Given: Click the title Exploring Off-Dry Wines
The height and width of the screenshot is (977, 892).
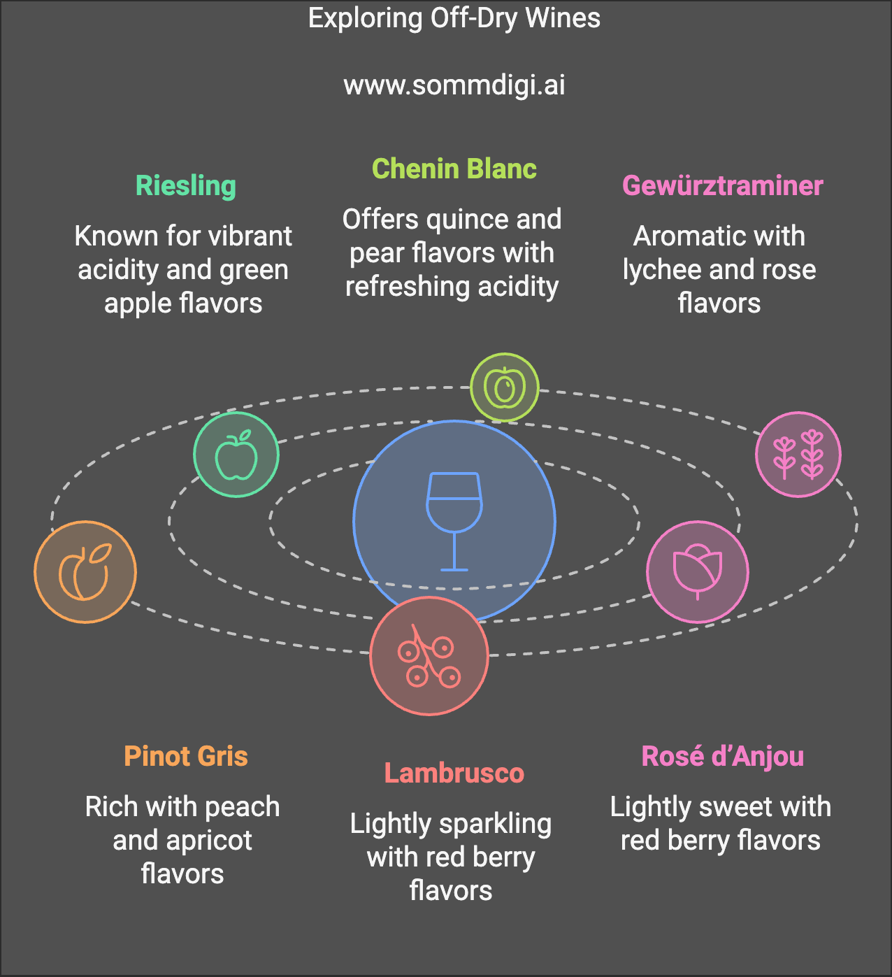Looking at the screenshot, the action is click(x=454, y=18).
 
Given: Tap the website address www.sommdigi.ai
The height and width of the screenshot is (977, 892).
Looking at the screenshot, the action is click(x=454, y=85).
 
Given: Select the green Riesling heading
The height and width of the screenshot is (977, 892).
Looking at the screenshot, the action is click(x=185, y=186).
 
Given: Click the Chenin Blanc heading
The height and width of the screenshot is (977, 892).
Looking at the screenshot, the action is click(x=454, y=169).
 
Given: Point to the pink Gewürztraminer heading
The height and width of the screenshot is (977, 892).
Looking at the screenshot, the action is click(x=723, y=185).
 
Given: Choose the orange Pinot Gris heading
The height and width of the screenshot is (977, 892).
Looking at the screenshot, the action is click(x=185, y=756).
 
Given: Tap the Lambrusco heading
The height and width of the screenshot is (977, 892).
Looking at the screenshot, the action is click(x=454, y=773).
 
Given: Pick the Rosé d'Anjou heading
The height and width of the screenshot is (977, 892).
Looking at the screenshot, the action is click(x=723, y=756).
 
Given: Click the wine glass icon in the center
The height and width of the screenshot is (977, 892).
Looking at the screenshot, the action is click(x=454, y=521).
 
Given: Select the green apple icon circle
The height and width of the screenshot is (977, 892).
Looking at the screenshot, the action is click(x=236, y=455).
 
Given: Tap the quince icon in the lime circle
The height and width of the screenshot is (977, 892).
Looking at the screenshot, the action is click(x=505, y=387).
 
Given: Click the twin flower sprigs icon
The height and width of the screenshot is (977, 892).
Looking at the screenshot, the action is click(x=798, y=455).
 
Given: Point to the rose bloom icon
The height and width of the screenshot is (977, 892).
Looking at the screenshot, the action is click(x=697, y=571).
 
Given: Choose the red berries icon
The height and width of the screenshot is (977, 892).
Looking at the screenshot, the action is click(x=429, y=655).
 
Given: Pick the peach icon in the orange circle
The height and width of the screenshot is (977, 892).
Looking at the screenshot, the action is click(x=85, y=571).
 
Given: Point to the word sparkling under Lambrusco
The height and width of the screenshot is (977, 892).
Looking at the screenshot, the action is click(x=495, y=825).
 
